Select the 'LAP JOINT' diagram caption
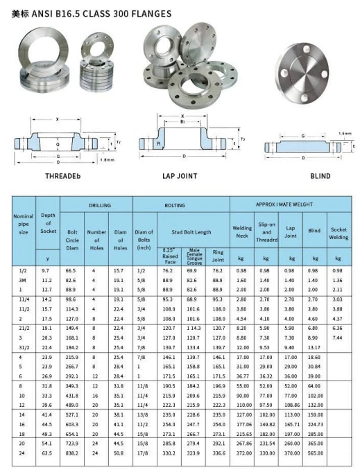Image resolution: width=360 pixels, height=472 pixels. point(180,176)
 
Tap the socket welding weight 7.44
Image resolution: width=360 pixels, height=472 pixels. point(338,336)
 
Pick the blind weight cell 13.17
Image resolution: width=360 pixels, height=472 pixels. point(315,347)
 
